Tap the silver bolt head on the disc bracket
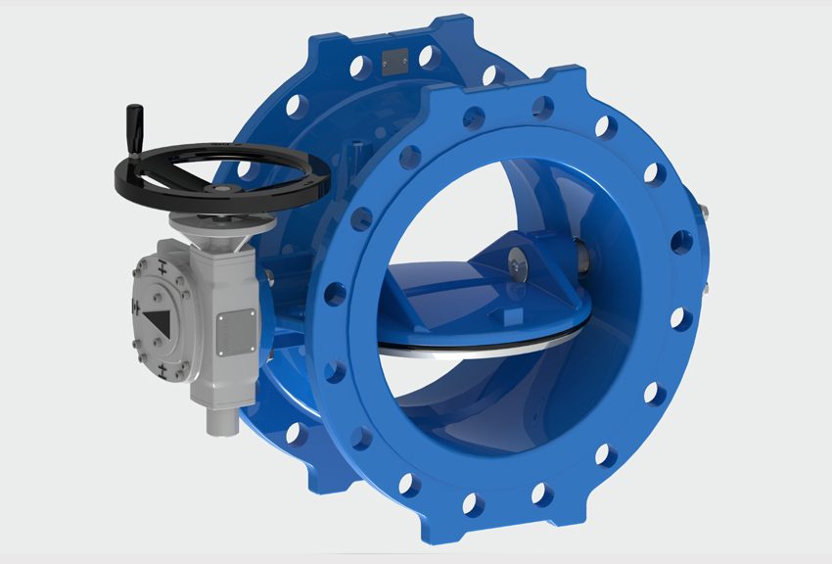pyautogui.click(x=515, y=259)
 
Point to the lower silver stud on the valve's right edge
pyautogui.click(x=703, y=291)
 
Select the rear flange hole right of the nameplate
pyautogui.click(x=428, y=58)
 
